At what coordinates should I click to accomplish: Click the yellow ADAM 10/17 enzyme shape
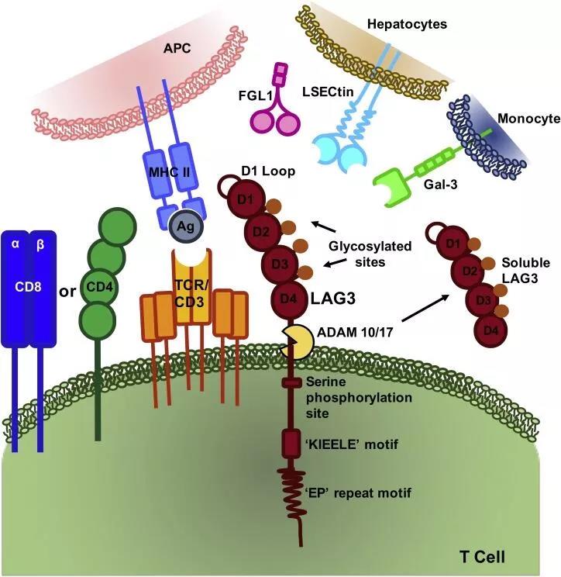[x=296, y=340]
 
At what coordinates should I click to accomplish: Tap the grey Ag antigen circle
[x=186, y=230]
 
